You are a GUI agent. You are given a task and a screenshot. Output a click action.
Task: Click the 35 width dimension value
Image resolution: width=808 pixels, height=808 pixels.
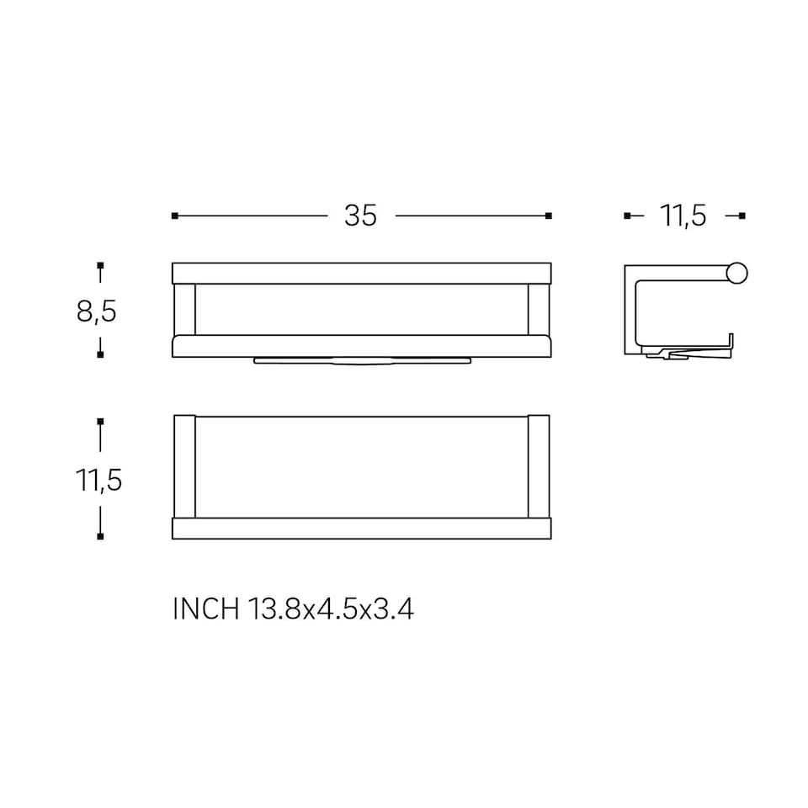point(360,216)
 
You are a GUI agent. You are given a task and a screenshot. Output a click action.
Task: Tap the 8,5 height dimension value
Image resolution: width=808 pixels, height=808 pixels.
point(96,311)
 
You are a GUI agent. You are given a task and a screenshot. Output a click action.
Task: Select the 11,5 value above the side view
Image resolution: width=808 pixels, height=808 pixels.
point(683,216)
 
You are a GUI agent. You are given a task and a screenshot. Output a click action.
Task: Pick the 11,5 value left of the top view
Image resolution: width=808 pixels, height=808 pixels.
point(99,481)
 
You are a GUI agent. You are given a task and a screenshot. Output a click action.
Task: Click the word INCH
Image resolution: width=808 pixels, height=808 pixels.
point(205,609)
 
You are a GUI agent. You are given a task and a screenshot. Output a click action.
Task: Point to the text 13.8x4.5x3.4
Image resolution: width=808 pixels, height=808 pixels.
point(331,609)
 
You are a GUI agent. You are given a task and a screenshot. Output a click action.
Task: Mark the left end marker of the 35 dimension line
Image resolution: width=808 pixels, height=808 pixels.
point(174,216)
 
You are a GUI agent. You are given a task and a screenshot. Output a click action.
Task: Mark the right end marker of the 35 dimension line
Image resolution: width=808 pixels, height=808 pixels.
point(549,216)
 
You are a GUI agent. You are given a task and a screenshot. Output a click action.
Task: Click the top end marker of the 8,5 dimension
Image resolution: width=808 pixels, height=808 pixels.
point(100,266)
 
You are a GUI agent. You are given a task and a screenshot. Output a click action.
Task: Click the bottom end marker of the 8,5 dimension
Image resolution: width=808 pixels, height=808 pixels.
point(100,354)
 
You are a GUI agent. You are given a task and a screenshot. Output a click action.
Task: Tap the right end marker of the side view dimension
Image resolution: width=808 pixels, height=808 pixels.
point(742,216)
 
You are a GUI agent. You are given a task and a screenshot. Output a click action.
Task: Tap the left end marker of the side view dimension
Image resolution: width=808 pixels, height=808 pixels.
point(627,216)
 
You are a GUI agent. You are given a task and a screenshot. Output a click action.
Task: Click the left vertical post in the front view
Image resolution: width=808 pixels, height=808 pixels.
point(184,309)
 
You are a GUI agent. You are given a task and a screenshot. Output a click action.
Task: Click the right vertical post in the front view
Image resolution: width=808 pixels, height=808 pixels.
point(539,309)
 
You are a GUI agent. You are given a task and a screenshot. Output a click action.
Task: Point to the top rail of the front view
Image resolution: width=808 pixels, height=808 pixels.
point(361,273)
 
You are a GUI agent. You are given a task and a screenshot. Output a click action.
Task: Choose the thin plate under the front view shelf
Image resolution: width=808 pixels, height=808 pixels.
point(361,361)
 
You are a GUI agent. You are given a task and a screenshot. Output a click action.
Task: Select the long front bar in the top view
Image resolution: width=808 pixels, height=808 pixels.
point(361,529)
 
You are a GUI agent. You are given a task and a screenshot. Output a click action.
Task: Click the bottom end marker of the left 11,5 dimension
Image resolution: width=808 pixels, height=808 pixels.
point(100,535)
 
